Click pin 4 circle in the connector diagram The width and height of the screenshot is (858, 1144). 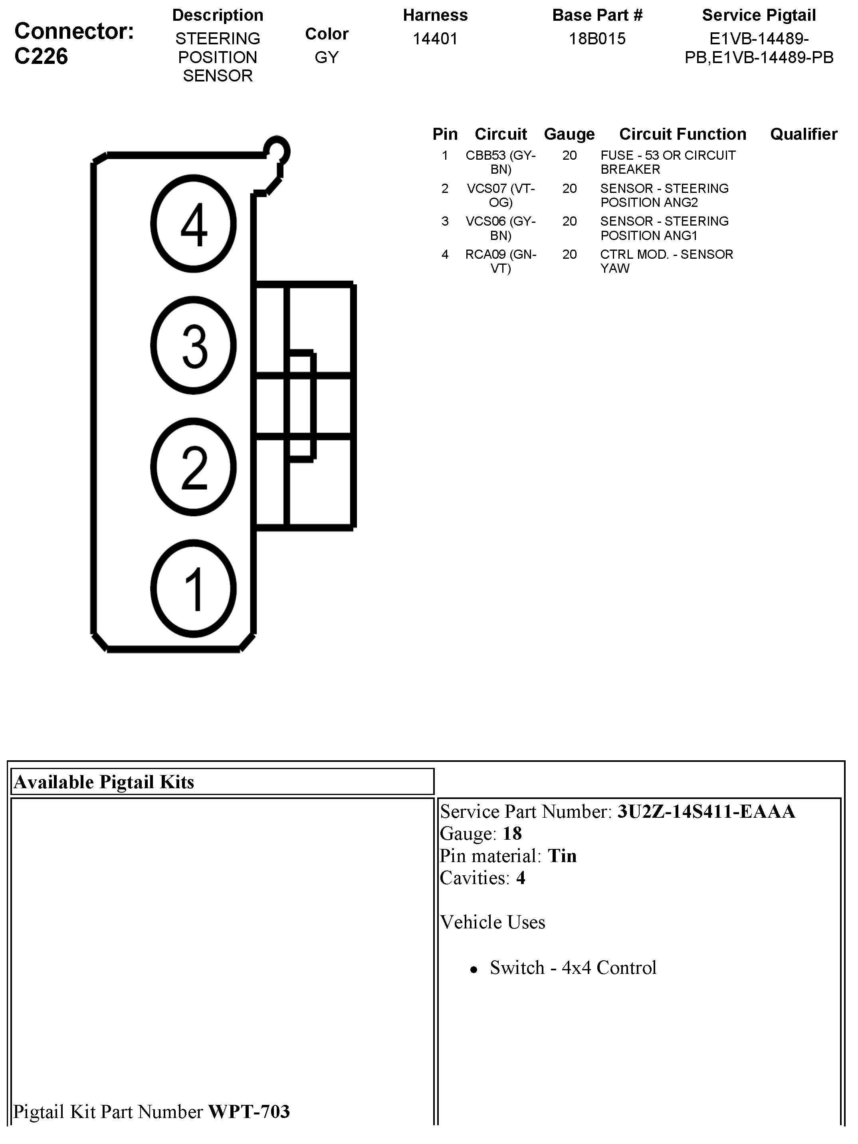pyautogui.click(x=193, y=224)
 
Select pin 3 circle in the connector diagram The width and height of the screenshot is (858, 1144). pyautogui.click(x=193, y=345)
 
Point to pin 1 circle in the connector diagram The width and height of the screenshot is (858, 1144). pyautogui.click(x=193, y=589)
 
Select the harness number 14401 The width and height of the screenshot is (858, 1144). pyautogui.click(x=435, y=39)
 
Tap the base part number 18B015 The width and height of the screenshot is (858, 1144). pyautogui.click(x=597, y=39)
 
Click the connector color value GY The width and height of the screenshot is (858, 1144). pyautogui.click(x=326, y=57)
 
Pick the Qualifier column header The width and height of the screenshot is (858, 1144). pyautogui.click(x=803, y=134)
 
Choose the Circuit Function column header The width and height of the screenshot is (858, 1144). pyautogui.click(x=682, y=134)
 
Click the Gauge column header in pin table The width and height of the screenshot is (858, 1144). pyautogui.click(x=569, y=134)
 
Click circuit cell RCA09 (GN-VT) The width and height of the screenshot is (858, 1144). pyautogui.click(x=500, y=261)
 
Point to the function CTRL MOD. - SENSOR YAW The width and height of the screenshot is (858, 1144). pyautogui.click(x=666, y=261)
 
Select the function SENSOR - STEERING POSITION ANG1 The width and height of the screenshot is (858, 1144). pyautogui.click(x=664, y=228)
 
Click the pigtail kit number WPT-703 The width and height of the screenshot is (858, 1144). pyautogui.click(x=249, y=1111)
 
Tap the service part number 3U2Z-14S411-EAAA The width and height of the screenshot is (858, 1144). pyautogui.click(x=705, y=811)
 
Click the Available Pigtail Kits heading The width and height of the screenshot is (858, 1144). pyautogui.click(x=104, y=782)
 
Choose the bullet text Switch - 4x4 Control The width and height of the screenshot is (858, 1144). pyautogui.click(x=573, y=968)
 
